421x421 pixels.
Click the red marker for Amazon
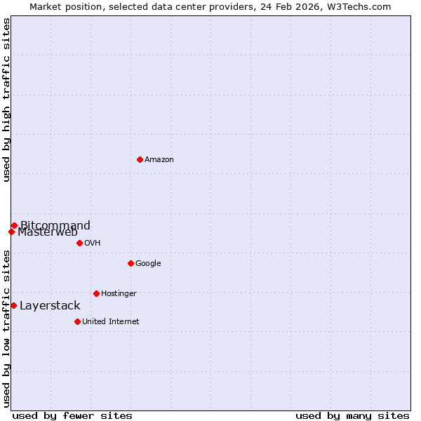(140, 159)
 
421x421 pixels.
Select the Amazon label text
(159, 159)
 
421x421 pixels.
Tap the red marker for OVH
(79, 243)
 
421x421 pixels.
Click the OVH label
(93, 243)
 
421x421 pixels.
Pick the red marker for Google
(131, 263)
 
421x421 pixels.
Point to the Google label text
(148, 263)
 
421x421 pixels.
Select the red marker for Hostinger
(96, 293)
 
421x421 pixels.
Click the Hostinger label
(119, 293)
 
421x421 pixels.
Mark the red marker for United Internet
(77, 321)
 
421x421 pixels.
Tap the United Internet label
(110, 321)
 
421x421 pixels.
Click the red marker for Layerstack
(13, 305)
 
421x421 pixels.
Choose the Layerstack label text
(50, 305)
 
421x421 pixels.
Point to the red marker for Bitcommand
(14, 225)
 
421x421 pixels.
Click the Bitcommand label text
(55, 225)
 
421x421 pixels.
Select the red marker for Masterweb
(11, 232)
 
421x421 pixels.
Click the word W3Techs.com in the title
(359, 6)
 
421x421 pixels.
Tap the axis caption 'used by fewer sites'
(72, 415)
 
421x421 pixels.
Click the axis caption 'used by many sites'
(352, 415)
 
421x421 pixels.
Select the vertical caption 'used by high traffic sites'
(6, 100)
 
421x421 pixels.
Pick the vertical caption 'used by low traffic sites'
(6, 328)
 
